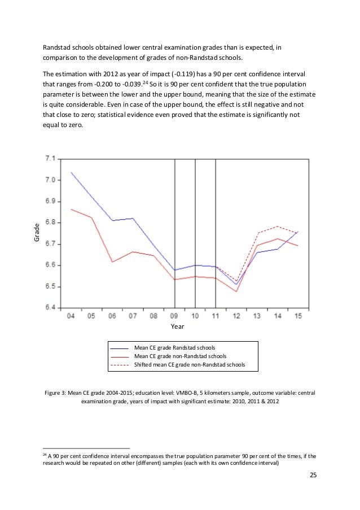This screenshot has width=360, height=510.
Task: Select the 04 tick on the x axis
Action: [71, 315]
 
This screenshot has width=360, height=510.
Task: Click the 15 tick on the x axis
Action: [298, 315]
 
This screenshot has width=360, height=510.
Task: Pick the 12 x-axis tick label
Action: [236, 315]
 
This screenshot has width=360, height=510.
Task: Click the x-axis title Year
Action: [178, 326]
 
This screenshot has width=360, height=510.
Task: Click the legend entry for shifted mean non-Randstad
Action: [190, 365]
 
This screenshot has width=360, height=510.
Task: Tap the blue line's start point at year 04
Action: [71, 172]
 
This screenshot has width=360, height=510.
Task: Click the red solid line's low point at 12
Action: [236, 291]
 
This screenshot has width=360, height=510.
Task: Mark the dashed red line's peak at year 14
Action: [277, 226]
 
